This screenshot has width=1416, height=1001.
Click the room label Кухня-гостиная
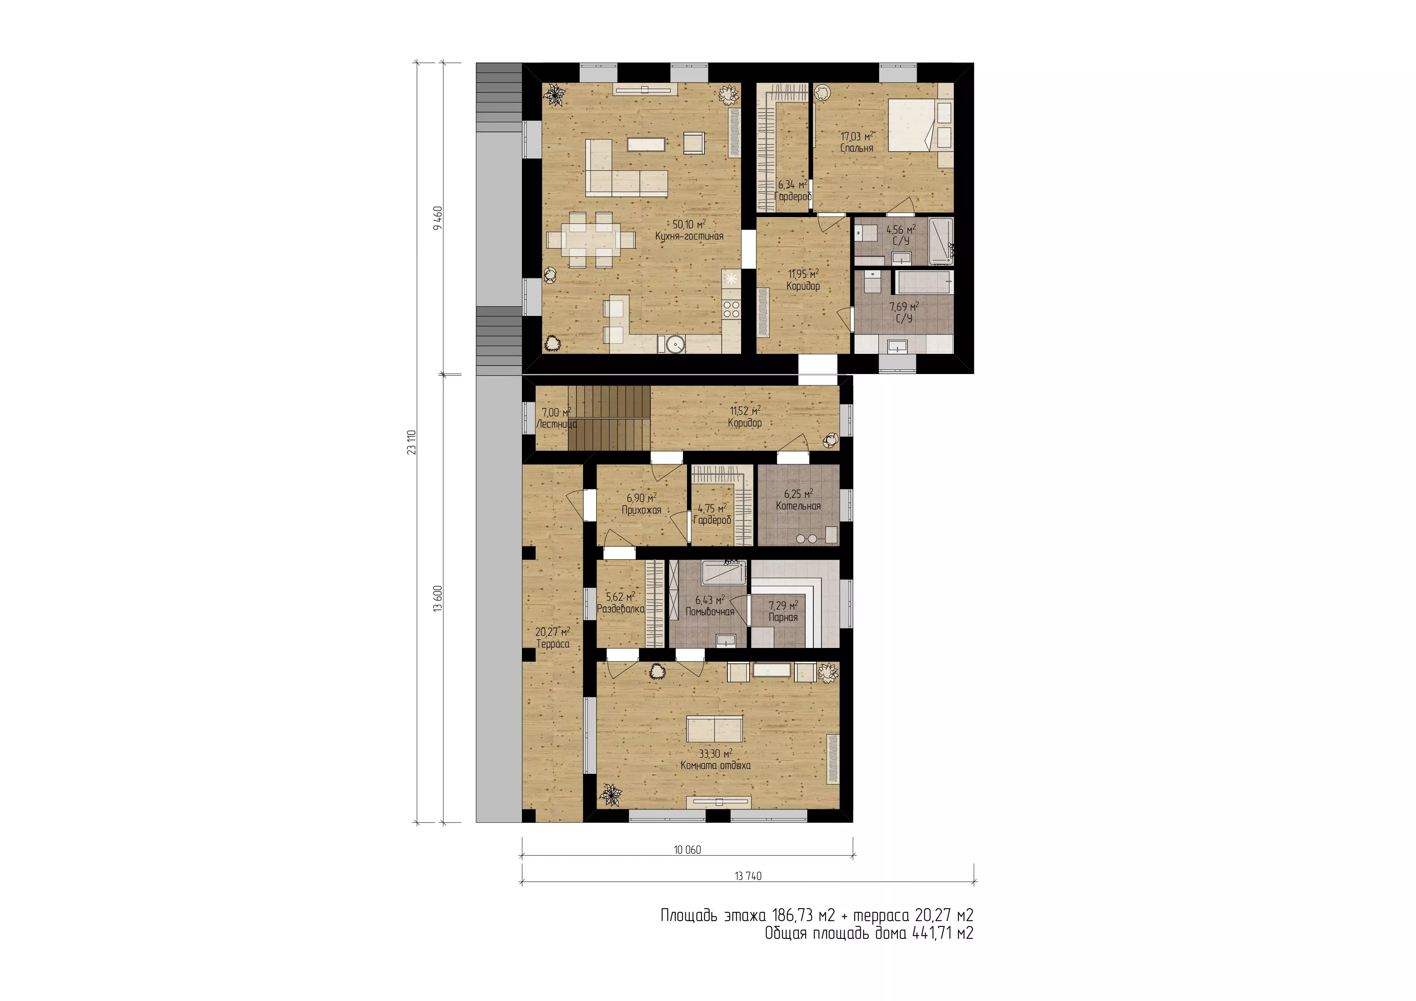689,236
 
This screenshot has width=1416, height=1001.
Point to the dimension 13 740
748,876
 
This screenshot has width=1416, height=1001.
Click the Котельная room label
798,506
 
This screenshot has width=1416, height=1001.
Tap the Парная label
783,617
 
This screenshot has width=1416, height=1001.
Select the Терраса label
553,644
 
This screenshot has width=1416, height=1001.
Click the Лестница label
556,424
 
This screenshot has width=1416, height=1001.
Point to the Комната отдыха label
715,765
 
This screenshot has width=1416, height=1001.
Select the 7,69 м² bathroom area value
903,306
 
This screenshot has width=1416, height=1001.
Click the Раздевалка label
620,609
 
